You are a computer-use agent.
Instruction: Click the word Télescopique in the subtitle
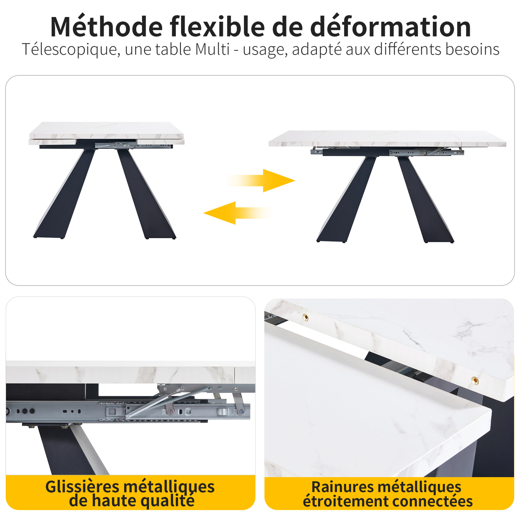tap(71, 50)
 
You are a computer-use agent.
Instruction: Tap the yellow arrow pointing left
tap(237, 213)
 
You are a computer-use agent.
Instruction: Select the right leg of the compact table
tap(147, 193)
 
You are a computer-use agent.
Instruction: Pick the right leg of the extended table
tap(425, 199)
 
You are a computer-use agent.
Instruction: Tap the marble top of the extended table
tap(387, 138)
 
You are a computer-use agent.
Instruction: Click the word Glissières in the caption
tap(82, 486)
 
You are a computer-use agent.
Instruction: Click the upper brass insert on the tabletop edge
tap(305, 317)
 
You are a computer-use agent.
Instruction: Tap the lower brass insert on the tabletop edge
tap(475, 380)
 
